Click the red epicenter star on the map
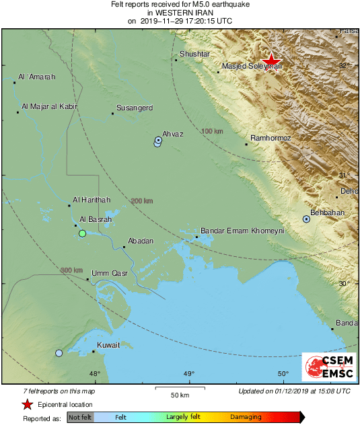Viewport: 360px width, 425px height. coord(273,60)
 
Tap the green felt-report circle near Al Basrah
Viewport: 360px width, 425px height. coord(82,233)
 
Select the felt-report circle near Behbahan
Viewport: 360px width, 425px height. coord(306,219)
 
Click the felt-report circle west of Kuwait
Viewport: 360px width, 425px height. coord(59,353)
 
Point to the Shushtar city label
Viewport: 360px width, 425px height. coord(195,54)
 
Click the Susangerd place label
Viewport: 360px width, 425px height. coord(135,108)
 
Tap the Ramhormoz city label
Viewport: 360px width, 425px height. coord(270,138)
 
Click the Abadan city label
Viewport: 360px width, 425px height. coord(141,241)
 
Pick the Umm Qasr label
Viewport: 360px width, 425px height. coord(109,273)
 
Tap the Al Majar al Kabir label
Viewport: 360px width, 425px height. coord(50,106)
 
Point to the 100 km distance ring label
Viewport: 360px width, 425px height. coord(212,131)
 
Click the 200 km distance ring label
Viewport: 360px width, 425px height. coord(142,201)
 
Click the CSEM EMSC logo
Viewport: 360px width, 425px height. coord(325,367)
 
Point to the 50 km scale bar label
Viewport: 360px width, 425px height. coord(178,394)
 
